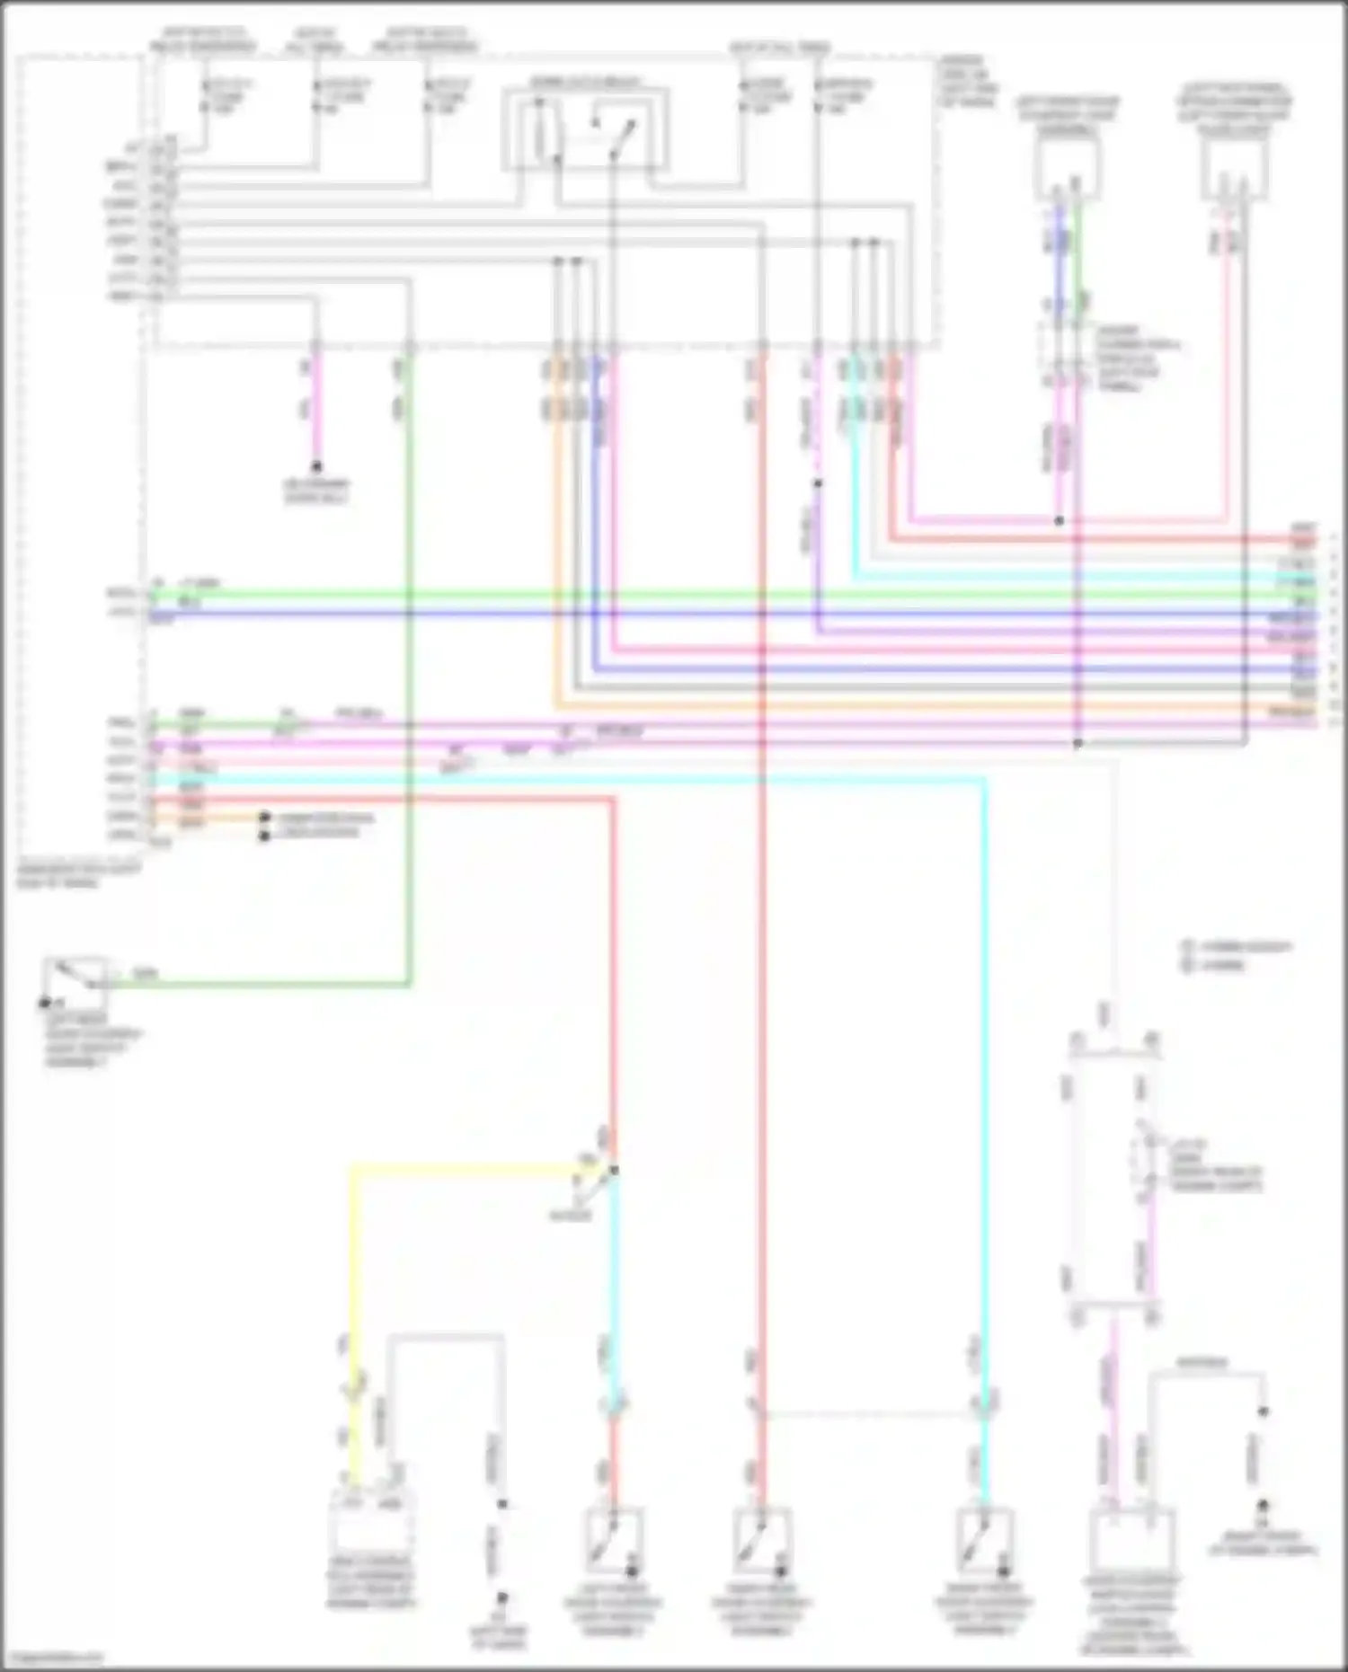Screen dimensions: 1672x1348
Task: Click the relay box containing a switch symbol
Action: click(585, 128)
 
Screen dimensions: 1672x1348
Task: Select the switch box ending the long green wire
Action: click(75, 985)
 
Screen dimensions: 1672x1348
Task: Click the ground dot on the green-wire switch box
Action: click(43, 1003)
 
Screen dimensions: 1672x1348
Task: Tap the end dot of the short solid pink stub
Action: click(316, 467)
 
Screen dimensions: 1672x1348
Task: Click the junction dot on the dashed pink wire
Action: click(818, 483)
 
